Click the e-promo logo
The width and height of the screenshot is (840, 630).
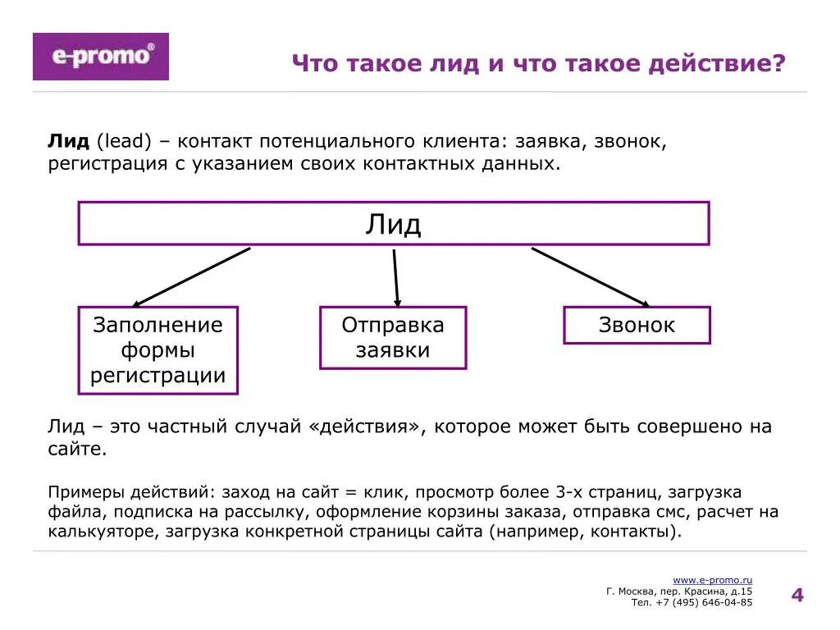(x=100, y=57)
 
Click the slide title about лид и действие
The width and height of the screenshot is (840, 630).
(x=539, y=64)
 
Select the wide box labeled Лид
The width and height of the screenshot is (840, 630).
(x=393, y=223)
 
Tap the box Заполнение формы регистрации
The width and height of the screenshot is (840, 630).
(x=157, y=350)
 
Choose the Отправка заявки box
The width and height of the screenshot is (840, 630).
(x=392, y=337)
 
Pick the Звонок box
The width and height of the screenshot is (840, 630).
(x=637, y=325)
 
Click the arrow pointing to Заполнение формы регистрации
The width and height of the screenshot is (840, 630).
(x=190, y=277)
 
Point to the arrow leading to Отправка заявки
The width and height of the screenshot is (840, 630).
(x=396, y=277)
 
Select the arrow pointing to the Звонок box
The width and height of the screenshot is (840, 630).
(x=590, y=277)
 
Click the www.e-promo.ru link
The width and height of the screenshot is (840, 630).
(x=712, y=580)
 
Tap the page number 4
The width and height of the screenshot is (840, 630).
(x=797, y=595)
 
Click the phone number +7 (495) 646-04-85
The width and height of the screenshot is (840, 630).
(x=704, y=602)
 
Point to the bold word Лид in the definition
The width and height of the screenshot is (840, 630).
(x=68, y=140)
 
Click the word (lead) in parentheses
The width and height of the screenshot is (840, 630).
(x=124, y=140)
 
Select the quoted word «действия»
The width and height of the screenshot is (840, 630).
(x=367, y=427)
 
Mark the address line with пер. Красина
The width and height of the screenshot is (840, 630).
(x=679, y=591)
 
